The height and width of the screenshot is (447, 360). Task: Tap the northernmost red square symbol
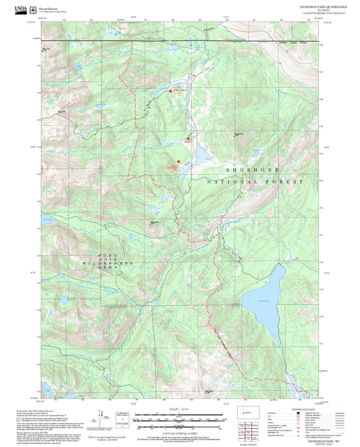point(171,91)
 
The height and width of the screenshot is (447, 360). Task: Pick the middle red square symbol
point(188,140)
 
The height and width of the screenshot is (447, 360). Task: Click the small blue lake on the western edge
point(47,219)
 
